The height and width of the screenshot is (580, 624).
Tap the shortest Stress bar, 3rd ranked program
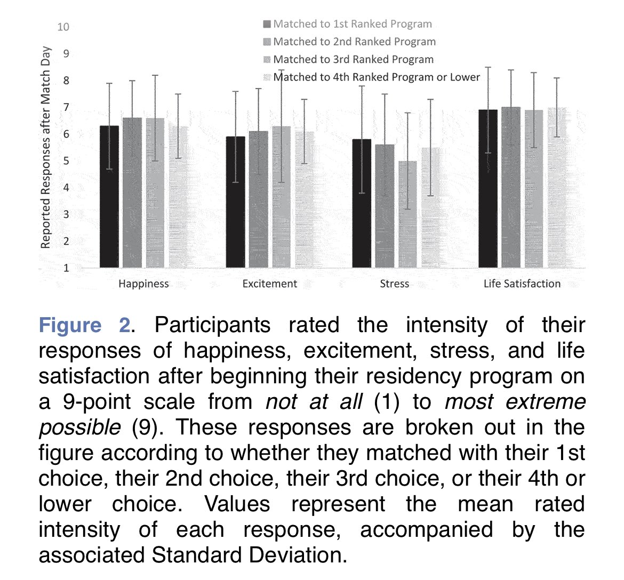(407, 213)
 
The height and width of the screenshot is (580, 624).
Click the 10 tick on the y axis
(63, 27)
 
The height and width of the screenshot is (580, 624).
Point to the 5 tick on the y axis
(66, 160)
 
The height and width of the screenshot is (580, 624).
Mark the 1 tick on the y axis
(66, 268)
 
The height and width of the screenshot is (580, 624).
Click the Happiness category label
(143, 284)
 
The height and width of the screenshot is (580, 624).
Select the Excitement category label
(269, 284)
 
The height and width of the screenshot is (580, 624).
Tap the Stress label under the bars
(394, 284)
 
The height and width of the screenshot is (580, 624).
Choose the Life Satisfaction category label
(522, 284)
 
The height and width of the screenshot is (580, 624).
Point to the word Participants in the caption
(212, 325)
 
